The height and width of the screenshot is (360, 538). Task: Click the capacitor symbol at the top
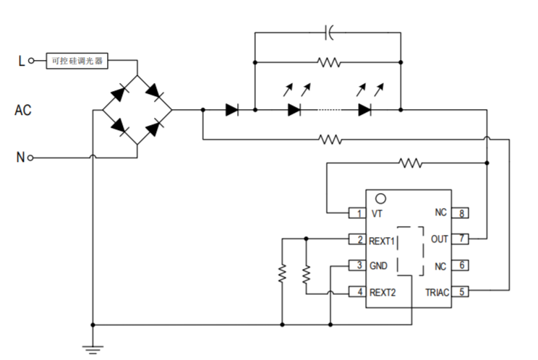click(x=330, y=33)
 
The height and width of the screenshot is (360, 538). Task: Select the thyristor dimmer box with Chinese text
click(x=77, y=61)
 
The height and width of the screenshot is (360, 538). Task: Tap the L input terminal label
click(x=21, y=61)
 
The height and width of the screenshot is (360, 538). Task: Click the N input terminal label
click(x=20, y=157)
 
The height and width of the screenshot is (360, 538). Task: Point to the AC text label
click(x=23, y=111)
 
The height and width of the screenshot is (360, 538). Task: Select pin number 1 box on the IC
click(x=356, y=214)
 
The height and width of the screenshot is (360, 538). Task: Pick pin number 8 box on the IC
click(x=461, y=213)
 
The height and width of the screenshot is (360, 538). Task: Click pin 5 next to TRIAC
click(x=461, y=292)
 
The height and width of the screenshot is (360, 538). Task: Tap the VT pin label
click(x=377, y=214)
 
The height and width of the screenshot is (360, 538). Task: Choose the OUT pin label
click(x=439, y=239)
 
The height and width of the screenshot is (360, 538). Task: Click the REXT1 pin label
click(x=383, y=239)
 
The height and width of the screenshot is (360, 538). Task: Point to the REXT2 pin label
click(x=383, y=292)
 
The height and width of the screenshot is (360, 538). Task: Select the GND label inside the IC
click(x=379, y=266)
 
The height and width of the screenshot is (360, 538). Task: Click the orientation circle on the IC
click(x=380, y=197)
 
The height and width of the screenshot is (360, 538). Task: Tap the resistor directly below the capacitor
click(x=329, y=63)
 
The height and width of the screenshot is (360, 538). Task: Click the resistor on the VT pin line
click(x=410, y=163)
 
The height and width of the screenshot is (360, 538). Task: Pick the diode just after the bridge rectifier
click(x=231, y=111)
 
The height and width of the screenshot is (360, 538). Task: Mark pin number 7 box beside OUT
click(x=461, y=239)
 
